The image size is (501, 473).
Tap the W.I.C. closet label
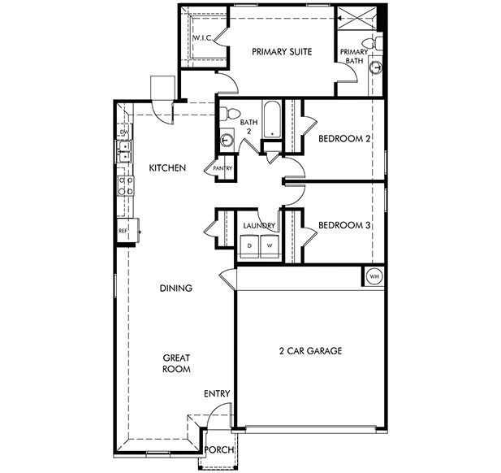202,37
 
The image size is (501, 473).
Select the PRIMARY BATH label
356,55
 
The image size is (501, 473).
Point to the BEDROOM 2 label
344,139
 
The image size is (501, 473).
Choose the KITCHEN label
168,168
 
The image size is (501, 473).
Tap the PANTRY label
222,169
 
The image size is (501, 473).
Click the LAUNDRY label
260,225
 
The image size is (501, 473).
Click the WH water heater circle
374,276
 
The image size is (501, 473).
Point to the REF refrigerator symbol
123,231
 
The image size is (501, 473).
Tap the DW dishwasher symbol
124,132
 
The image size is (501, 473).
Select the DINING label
175,288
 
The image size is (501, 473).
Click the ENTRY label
217,394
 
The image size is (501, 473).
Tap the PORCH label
218,450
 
